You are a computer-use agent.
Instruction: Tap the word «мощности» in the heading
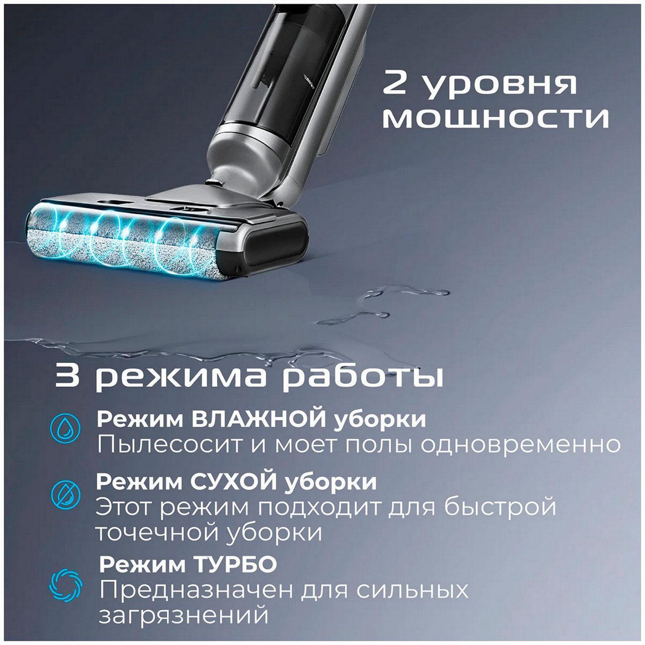495,118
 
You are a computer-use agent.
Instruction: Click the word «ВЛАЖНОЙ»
259,419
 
